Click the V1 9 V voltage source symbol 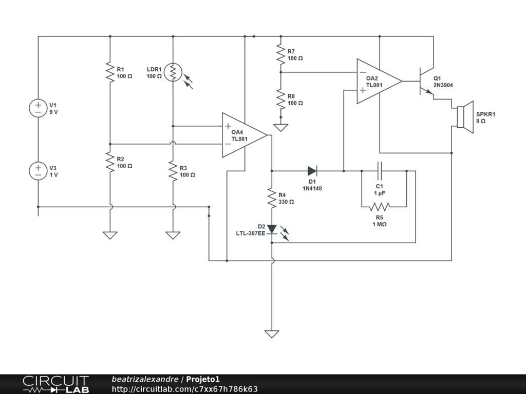(38, 108)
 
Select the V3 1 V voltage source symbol (38, 171)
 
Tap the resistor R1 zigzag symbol (110, 72)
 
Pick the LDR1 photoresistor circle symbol (173, 72)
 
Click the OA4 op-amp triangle (245, 135)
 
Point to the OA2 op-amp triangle (380, 81)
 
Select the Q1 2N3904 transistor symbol (426, 81)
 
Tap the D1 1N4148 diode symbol (312, 171)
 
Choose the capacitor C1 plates (380, 171)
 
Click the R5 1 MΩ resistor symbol (380, 207)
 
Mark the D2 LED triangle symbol (272, 229)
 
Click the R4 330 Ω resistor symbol (272, 198)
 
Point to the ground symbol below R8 (281, 128)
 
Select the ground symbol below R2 (110, 235)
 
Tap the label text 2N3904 (443, 85)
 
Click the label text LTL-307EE (250, 233)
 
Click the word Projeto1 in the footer (202, 379)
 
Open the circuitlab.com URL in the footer (184, 389)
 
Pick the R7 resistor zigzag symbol (281, 54)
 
